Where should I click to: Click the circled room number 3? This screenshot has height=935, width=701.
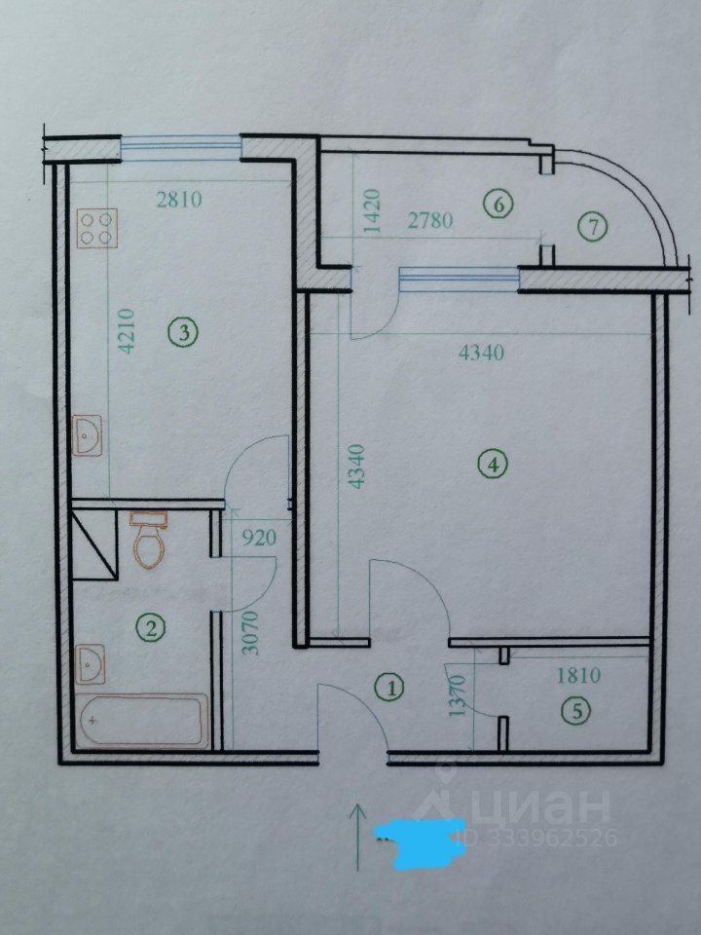pos(183,333)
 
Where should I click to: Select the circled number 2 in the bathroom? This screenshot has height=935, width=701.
pos(151,628)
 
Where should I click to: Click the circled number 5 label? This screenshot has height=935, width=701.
pos(577,711)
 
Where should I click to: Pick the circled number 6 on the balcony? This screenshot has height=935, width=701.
pos(498,205)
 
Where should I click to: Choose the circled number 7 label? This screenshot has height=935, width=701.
pos(593,227)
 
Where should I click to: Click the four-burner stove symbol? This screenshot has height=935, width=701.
pos(97,228)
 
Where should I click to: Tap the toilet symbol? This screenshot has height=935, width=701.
pos(148,540)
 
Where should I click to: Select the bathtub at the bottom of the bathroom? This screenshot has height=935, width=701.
pos(143,721)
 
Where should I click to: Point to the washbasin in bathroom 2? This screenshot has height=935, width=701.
pos(91,664)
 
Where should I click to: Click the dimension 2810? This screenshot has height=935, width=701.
pos(179,199)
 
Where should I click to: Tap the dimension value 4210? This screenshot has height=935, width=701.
pos(128,331)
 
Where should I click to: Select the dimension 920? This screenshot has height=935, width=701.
pos(259,538)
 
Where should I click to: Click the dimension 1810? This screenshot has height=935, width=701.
pos(578,675)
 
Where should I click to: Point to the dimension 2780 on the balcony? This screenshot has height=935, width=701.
pos(430,221)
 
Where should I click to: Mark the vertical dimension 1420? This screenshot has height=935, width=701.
pos(371,210)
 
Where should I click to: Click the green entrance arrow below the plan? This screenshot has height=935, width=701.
pos(357,837)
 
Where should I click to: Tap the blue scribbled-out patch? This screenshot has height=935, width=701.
pos(418,841)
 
